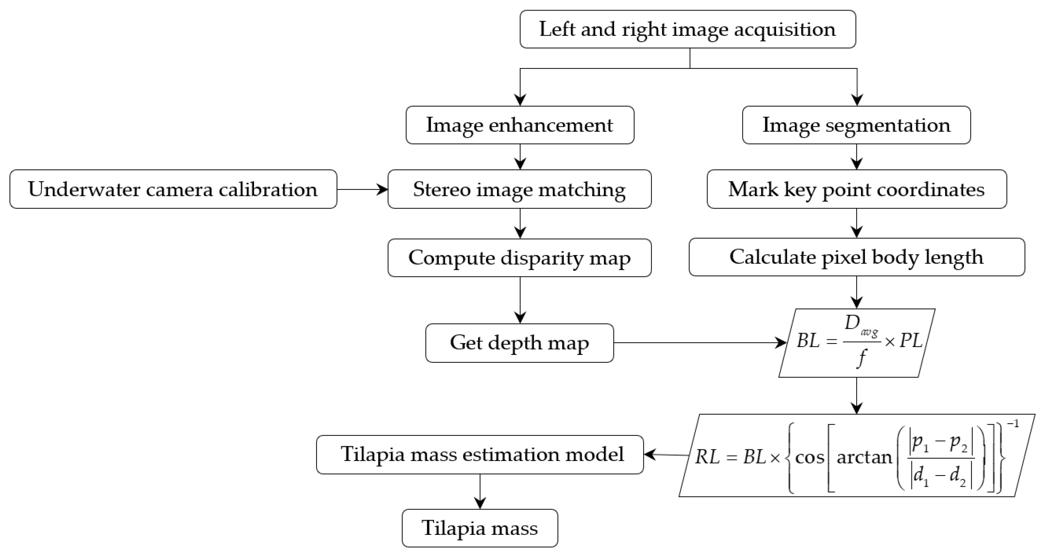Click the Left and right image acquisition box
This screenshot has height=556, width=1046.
688,29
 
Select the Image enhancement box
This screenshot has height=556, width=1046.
520,125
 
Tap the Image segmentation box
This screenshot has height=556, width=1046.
856,125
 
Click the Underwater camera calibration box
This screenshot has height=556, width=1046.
173,189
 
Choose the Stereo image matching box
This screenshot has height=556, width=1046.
519,189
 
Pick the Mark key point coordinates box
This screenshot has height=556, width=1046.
856,189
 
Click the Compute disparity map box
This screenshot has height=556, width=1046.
519,258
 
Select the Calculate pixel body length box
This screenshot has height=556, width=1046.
856,257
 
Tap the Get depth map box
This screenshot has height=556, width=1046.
519,343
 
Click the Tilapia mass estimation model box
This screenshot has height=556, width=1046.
480,455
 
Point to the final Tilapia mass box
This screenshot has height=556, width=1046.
480,528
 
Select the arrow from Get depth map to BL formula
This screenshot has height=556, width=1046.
698,343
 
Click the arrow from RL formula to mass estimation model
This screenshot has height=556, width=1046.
666,455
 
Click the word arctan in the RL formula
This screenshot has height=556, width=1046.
864,457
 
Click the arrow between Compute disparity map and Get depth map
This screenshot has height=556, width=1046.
520,300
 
